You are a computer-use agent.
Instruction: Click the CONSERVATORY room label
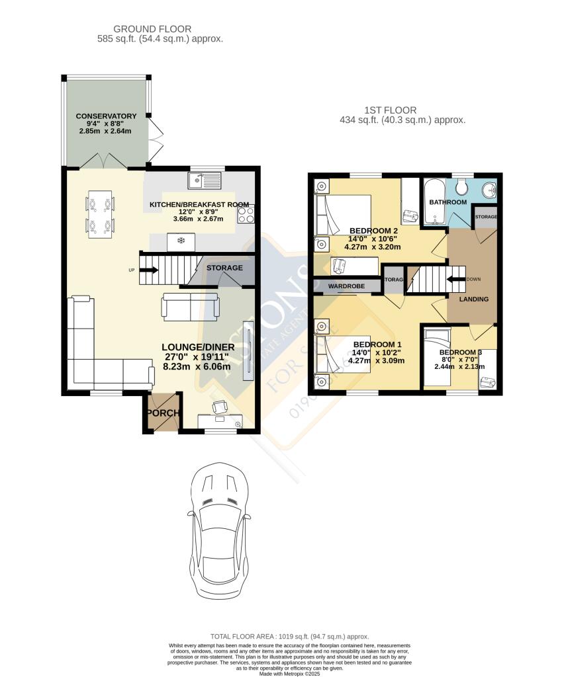(x=106, y=116)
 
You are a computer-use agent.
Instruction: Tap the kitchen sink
(x=205, y=179)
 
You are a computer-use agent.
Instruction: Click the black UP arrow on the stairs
(x=149, y=270)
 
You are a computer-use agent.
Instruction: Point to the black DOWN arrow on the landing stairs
(x=455, y=279)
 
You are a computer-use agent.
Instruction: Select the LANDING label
(x=474, y=299)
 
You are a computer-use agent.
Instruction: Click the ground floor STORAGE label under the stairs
(x=224, y=268)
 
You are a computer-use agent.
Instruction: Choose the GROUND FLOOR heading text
(x=152, y=29)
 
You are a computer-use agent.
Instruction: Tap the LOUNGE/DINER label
(x=197, y=347)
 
